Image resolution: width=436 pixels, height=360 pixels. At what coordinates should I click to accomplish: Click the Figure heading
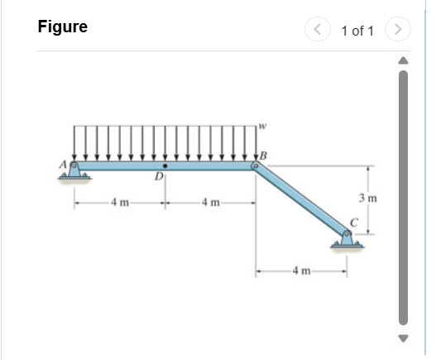63,26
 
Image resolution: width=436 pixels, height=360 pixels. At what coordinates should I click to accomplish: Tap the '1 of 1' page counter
357,31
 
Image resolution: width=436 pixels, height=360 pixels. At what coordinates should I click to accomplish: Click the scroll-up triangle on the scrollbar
405,60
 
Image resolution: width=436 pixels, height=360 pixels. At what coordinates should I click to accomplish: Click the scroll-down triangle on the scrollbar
405,338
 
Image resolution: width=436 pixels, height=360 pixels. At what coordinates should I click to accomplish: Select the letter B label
263,155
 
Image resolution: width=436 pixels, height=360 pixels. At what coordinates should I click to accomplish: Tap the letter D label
158,178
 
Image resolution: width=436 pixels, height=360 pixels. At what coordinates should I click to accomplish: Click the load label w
261,127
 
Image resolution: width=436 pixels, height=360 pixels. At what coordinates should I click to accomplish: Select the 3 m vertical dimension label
368,198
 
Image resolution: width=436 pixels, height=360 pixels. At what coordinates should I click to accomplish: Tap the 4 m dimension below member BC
300,271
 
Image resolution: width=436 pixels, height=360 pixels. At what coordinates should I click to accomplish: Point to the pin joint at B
255,166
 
